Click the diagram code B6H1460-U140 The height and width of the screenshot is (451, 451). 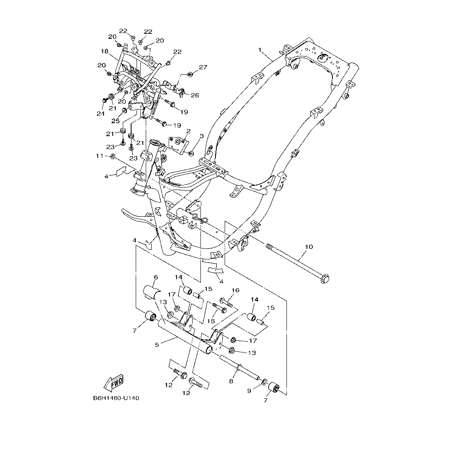[x=116, y=398]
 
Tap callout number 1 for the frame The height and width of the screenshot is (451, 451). [x=260, y=50]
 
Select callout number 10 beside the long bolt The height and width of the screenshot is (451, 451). [x=308, y=247]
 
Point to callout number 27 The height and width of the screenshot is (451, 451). [x=203, y=67]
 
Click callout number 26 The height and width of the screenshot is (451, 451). [x=195, y=95]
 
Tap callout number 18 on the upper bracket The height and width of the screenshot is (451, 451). [x=104, y=51]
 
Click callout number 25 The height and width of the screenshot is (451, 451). [x=115, y=121]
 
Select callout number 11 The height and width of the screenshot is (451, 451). [x=99, y=156]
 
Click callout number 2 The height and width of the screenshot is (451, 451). [x=188, y=131]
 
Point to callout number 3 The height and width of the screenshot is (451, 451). [x=201, y=136]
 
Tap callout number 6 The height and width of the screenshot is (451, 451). [x=156, y=277]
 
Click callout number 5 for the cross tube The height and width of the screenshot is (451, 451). [x=157, y=345]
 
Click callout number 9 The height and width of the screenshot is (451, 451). [x=250, y=391]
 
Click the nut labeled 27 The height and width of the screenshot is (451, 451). [x=190, y=74]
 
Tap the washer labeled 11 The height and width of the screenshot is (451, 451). [x=112, y=157]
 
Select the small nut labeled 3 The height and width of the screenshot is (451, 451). [x=190, y=154]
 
